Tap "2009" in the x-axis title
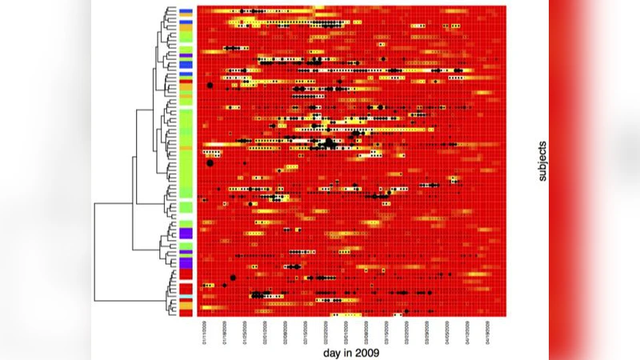[x=365, y=352]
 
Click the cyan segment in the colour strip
[x=185, y=297]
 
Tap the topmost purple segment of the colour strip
[x=185, y=232]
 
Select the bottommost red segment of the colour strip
[x=185, y=314]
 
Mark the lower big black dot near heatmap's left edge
[x=210, y=163]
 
